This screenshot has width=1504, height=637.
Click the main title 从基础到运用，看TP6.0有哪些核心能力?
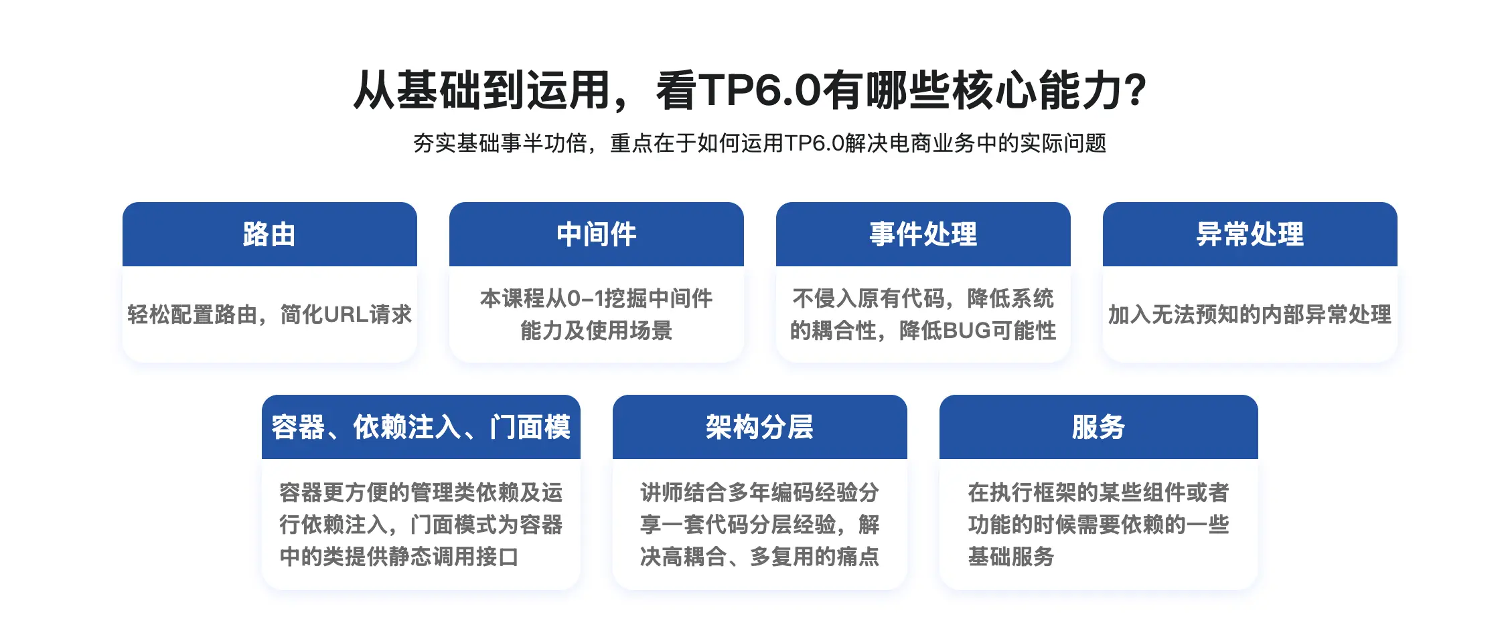click(x=750, y=90)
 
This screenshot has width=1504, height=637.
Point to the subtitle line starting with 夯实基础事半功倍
click(x=759, y=143)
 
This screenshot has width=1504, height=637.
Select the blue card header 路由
click(x=269, y=234)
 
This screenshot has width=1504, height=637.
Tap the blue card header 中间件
click(x=596, y=234)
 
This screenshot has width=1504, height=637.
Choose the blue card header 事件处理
click(x=923, y=234)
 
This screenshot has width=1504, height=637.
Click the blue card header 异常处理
click(x=1250, y=234)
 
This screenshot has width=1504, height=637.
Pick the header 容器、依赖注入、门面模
click(x=421, y=427)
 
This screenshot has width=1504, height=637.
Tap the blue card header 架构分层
click(x=759, y=427)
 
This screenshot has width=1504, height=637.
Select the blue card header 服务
click(x=1098, y=427)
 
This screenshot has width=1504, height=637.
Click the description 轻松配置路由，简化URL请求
click(x=269, y=314)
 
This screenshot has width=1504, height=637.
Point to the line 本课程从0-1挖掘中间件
click(x=596, y=298)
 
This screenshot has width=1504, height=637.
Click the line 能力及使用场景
click(x=596, y=331)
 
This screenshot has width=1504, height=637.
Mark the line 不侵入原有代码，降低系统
click(x=923, y=298)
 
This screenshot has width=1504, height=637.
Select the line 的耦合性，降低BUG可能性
click(x=923, y=331)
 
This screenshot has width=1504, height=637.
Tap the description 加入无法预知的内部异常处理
click(x=1250, y=314)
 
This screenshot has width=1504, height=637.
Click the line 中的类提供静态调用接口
click(x=399, y=557)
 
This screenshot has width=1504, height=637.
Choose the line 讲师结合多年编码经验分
click(x=759, y=492)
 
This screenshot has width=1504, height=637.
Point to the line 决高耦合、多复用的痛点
click(x=759, y=557)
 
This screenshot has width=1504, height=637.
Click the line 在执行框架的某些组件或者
click(x=1098, y=492)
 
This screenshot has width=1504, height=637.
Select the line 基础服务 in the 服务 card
click(x=1011, y=557)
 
